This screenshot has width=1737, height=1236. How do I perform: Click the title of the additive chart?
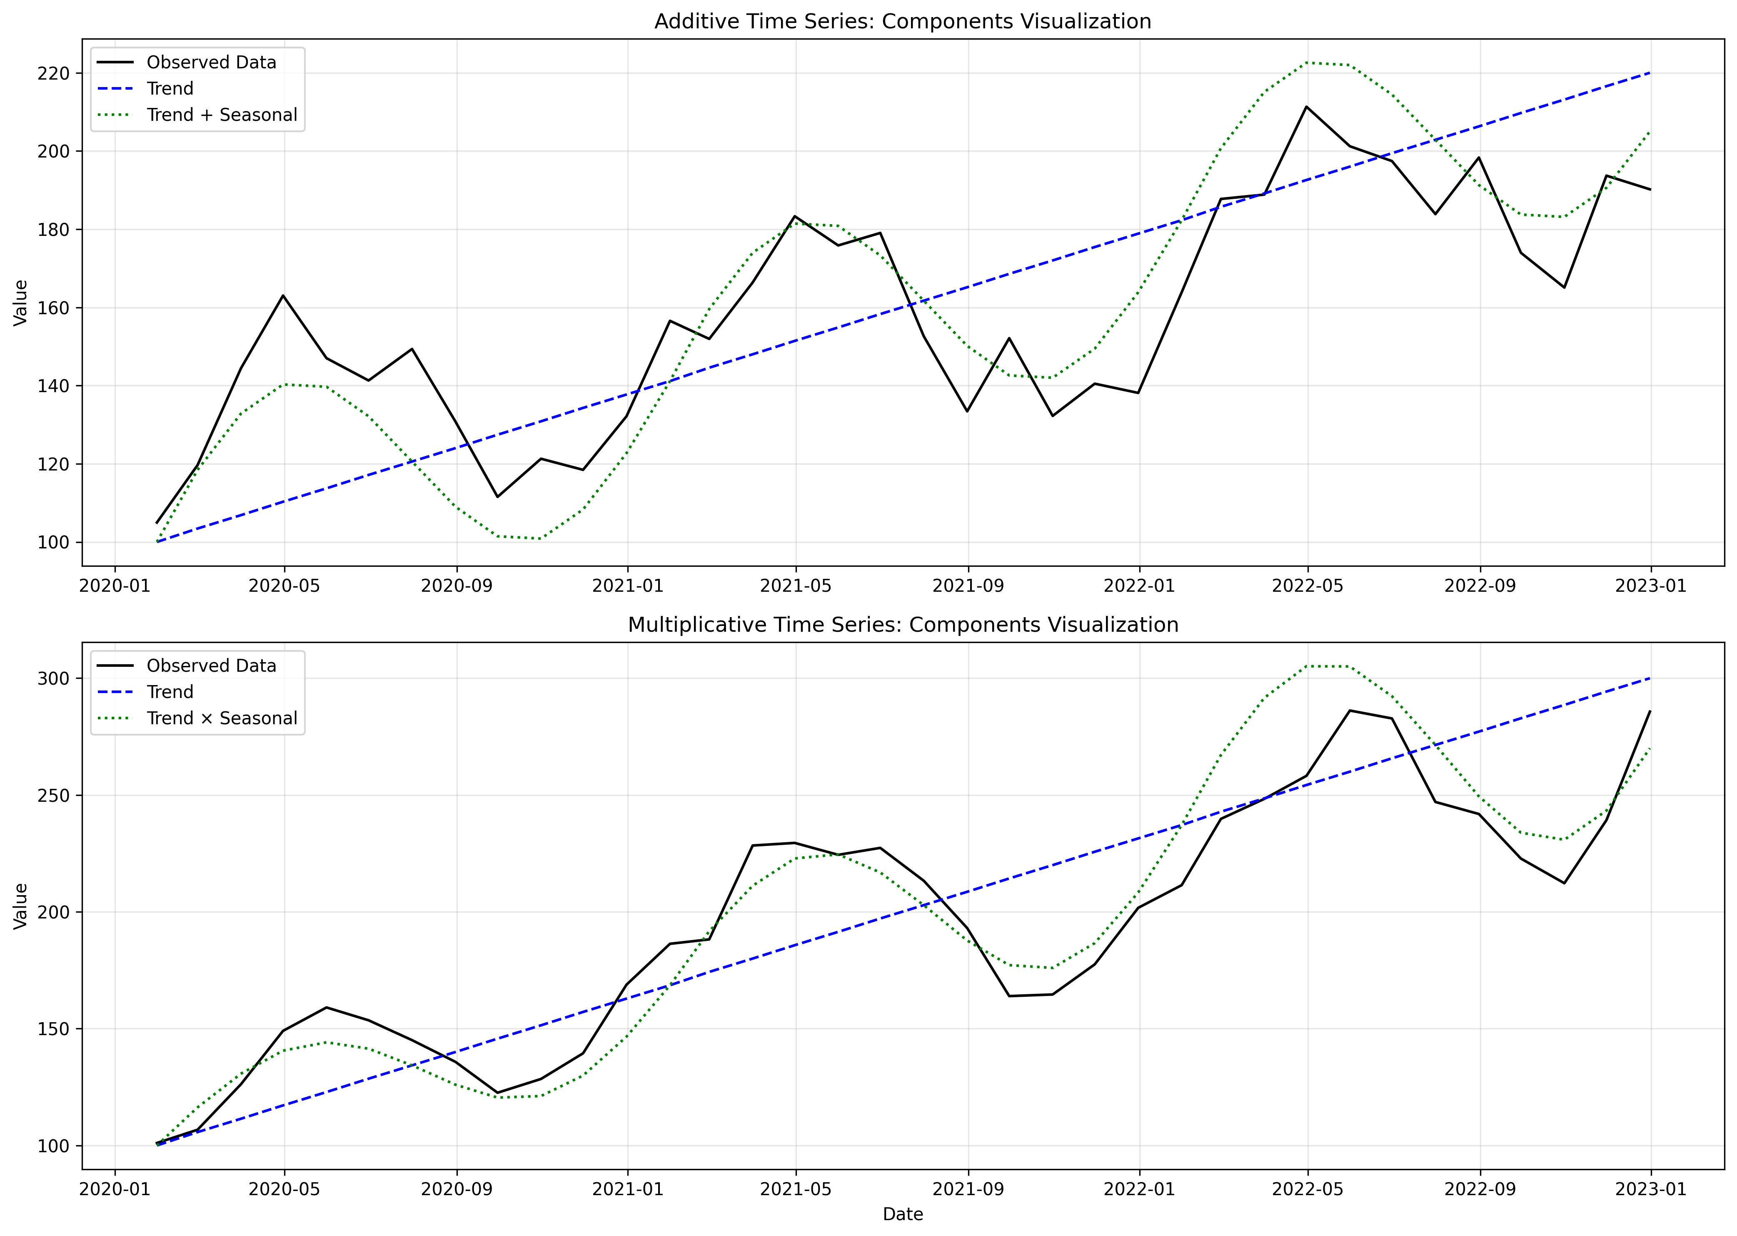tap(902, 21)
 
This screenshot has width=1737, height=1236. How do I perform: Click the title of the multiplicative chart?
tap(902, 625)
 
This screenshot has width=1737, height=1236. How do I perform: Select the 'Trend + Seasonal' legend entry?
tap(222, 115)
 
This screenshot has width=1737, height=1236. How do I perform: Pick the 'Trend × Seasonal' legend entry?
tap(222, 718)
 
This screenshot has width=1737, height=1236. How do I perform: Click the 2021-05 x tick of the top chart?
tap(796, 586)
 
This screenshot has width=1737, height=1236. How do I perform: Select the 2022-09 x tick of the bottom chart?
tap(1480, 1190)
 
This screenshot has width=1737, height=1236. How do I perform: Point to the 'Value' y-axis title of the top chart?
tap(20, 303)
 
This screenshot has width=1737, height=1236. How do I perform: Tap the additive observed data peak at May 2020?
tap(284, 295)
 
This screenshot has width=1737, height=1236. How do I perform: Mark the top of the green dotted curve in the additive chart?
tap(1308, 63)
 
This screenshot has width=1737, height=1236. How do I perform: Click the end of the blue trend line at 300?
tap(1650, 678)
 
